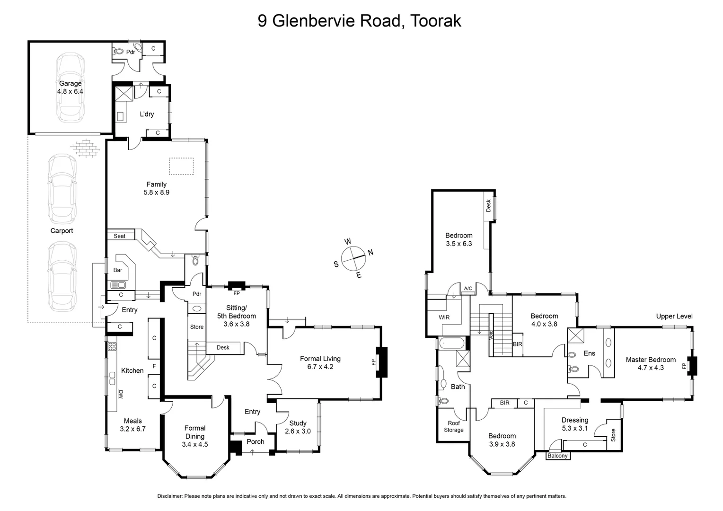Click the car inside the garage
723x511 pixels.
71,88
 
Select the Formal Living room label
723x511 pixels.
320,362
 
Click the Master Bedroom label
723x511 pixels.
651,363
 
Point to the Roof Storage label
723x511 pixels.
453,427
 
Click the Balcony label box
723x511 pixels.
557,456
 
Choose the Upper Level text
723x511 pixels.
674,316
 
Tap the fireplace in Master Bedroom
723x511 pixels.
692,366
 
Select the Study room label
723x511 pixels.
298,427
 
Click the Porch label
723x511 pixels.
256,441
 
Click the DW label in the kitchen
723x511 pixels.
121,394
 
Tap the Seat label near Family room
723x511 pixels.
120,236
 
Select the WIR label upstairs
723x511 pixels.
444,317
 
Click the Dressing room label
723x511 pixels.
575,424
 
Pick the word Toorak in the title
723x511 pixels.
435,21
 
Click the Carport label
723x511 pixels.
62,231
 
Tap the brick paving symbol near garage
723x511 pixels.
86,147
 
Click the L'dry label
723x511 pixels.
147,114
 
